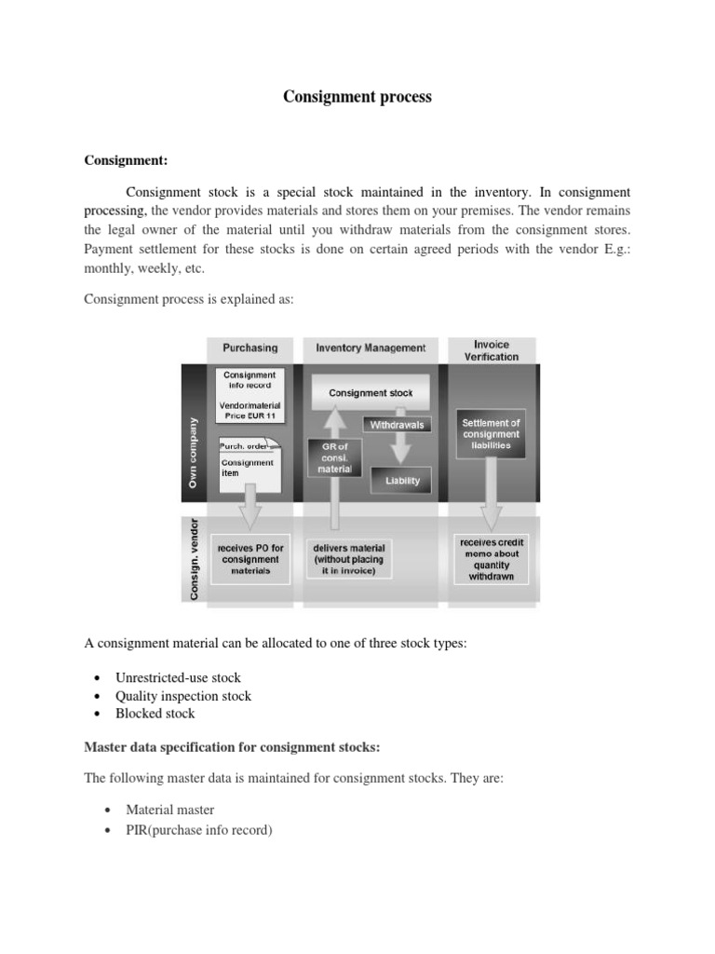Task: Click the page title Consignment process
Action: [357, 97]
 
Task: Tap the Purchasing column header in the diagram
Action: [250, 348]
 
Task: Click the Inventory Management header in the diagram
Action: [371, 348]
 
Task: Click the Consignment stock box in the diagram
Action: [371, 393]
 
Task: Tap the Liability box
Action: [402, 481]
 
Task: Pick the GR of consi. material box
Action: [335, 457]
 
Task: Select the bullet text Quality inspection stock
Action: [182, 696]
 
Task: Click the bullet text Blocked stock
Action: [155, 714]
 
